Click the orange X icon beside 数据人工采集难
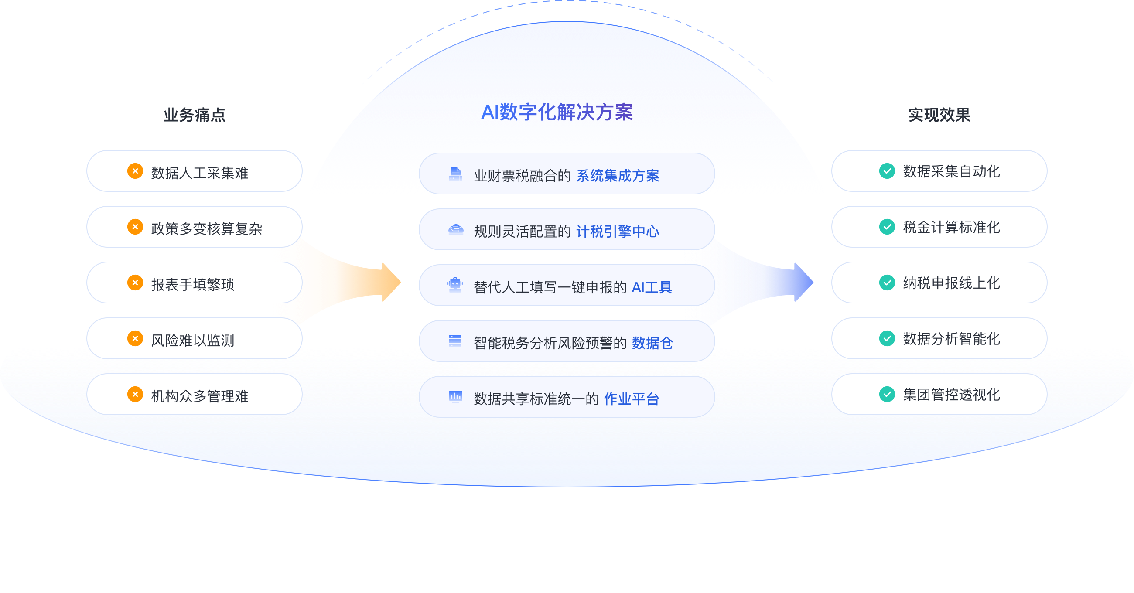click(135, 171)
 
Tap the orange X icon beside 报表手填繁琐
click(135, 283)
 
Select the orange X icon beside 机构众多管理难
click(135, 394)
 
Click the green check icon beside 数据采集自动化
click(887, 171)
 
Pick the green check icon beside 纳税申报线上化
click(887, 283)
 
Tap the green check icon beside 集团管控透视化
click(887, 394)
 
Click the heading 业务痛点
click(194, 115)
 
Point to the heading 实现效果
click(939, 115)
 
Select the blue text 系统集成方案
click(618, 176)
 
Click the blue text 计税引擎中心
click(618, 231)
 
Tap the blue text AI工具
click(652, 287)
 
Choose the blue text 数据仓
click(652, 343)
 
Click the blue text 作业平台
click(631, 399)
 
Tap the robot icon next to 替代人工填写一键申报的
click(455, 285)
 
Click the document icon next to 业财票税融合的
click(456, 174)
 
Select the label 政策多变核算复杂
click(206, 228)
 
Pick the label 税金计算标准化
click(951, 227)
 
